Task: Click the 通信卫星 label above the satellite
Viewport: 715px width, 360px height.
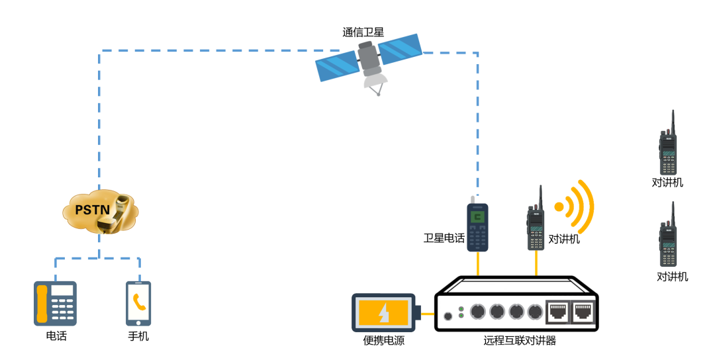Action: (363, 32)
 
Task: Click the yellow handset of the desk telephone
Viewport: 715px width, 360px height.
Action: (42, 303)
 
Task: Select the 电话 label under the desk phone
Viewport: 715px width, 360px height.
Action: (56, 336)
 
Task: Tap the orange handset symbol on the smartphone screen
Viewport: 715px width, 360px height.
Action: (139, 302)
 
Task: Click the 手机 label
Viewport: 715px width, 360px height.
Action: (138, 336)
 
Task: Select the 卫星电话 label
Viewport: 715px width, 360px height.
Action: (444, 238)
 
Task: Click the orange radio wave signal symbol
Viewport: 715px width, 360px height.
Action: (575, 206)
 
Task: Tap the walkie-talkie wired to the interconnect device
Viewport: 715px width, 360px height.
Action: (536, 222)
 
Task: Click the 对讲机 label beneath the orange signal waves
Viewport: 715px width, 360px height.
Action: (564, 240)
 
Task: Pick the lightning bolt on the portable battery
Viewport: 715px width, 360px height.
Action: (383, 312)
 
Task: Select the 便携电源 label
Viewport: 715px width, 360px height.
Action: (384, 341)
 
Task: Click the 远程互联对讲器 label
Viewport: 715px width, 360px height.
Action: (520, 341)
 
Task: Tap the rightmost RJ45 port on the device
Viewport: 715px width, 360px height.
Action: (584, 310)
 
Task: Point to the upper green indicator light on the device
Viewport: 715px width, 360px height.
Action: (461, 309)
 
